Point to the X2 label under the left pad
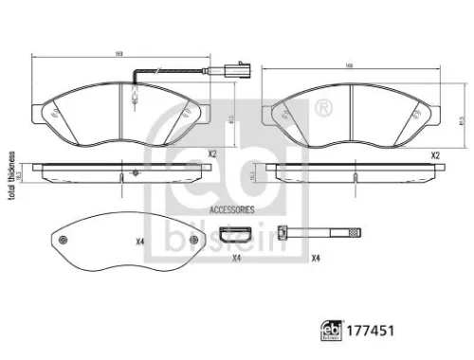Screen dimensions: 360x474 (212, 153)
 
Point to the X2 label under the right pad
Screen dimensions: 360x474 (435, 153)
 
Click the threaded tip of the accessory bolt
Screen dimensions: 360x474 (353, 232)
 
